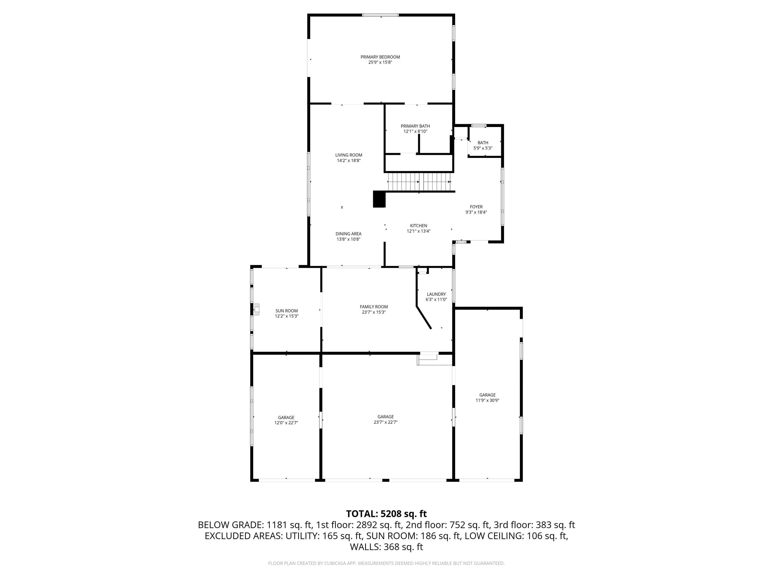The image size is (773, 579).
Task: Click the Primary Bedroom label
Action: coord(380,57)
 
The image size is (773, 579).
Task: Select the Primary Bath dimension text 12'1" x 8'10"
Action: coord(415,132)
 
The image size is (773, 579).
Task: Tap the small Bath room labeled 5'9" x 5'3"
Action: coord(483,145)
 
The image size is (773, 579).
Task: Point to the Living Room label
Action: coord(349,155)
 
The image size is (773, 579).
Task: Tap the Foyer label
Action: coord(476,207)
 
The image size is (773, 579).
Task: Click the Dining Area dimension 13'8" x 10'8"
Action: coord(349,239)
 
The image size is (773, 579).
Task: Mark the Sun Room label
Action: coord(287,311)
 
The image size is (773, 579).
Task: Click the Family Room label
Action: coord(374,307)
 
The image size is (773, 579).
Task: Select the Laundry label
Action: coord(436,294)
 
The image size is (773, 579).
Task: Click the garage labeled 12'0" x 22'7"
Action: coord(286,420)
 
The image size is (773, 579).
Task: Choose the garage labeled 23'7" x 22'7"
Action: coord(385,419)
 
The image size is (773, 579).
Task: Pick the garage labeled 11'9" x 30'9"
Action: coord(487,398)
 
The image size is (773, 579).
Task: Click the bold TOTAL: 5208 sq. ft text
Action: coord(386,514)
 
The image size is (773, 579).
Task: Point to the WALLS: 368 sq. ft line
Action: coord(386,547)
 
